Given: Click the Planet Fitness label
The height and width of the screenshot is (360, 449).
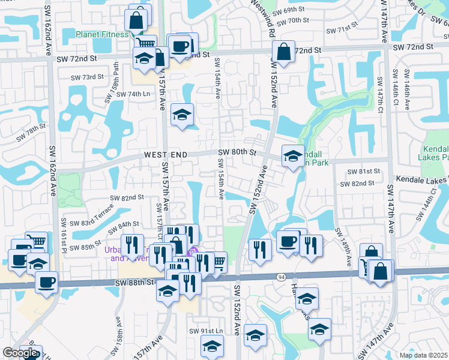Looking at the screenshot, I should [103, 34].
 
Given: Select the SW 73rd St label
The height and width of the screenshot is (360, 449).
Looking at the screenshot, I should [87, 77].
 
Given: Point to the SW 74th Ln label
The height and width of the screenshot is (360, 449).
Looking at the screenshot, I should [133, 94].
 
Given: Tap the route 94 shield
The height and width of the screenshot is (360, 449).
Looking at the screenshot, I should [281, 277].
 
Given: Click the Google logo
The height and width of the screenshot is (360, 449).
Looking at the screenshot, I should [20, 353].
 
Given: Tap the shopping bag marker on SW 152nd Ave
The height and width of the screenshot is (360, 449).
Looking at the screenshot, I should [283, 51].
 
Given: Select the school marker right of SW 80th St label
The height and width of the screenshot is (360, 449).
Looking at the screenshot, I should [292, 157].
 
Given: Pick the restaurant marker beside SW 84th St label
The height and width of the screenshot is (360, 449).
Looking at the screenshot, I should [131, 245].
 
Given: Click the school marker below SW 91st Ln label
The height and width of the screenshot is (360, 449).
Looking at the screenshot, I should [212, 346].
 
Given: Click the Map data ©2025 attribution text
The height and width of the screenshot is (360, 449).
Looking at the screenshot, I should [424, 355].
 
